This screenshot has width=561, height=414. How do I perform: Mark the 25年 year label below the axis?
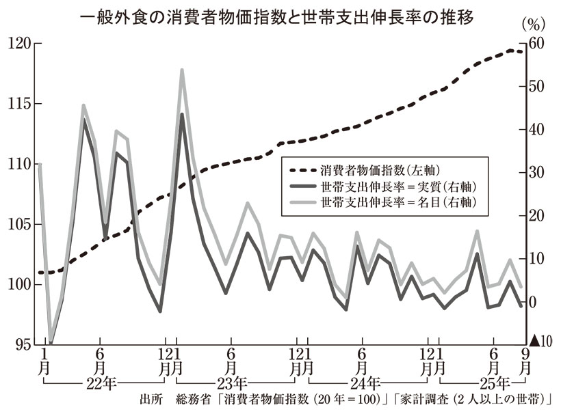[493, 382]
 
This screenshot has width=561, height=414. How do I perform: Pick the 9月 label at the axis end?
[525, 360]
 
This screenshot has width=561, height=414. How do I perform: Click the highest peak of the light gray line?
[182, 70]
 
